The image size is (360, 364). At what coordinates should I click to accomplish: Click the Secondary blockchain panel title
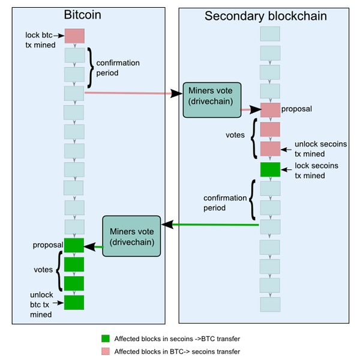(x=266, y=16)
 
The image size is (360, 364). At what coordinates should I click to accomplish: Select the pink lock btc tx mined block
(x=74, y=36)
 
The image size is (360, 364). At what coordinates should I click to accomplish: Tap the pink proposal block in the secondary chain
(x=270, y=110)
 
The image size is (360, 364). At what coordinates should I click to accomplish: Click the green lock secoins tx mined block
(x=270, y=169)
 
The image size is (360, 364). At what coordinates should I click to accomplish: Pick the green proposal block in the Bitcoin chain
(x=74, y=245)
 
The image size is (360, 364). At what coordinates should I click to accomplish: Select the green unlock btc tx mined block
(x=74, y=302)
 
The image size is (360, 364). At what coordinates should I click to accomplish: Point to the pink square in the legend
(x=106, y=351)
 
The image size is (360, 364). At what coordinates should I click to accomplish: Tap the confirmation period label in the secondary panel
(x=224, y=203)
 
